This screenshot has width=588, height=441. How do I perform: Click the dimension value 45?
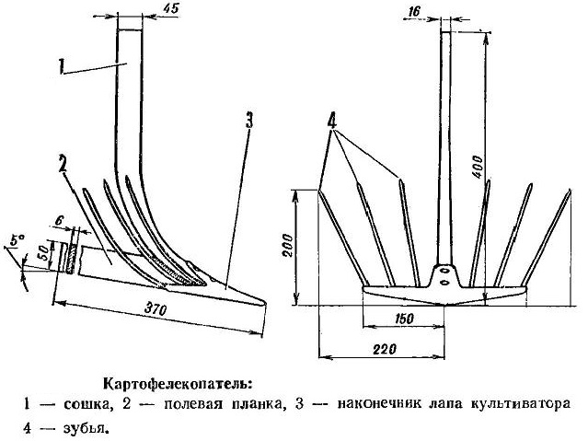click(171, 9)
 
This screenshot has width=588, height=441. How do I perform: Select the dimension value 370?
click(155, 309)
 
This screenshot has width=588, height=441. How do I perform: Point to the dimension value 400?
click(479, 167)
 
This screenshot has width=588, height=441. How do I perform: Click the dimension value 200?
click(288, 246)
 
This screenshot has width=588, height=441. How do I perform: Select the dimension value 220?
click(384, 350)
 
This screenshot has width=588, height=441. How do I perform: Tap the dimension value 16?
click(414, 12)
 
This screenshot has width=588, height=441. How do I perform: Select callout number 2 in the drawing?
click(63, 164)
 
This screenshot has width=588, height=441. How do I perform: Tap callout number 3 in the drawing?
click(249, 121)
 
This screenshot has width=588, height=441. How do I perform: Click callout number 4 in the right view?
click(332, 121)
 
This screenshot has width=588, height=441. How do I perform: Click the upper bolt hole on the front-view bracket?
click(444, 271)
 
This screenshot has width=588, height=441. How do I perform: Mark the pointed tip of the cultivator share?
click(265, 301)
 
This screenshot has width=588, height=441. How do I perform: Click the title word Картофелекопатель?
click(176, 384)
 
